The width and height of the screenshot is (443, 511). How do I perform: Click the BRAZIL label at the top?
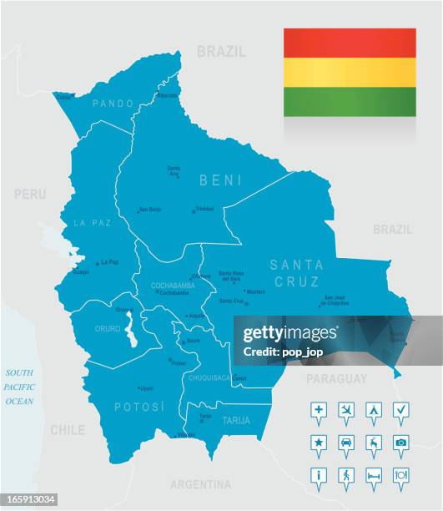pos(221,52)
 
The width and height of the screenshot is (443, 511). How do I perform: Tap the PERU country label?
pos(30,194)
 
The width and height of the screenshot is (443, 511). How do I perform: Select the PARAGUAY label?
pos(336,378)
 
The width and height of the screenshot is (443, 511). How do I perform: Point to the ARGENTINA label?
pos(200,484)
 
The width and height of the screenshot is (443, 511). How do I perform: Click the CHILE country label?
pos(67,430)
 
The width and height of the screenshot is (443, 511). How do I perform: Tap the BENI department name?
pos(220,180)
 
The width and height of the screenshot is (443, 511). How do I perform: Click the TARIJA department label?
pos(236,421)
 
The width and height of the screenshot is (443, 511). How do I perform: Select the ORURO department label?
pos(108,329)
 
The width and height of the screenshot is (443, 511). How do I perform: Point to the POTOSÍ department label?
pos(140,407)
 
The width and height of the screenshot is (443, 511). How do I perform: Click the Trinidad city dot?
pos(193,210)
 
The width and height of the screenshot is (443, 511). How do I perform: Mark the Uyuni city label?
pos(147,388)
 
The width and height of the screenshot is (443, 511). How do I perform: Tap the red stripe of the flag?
pos(350,43)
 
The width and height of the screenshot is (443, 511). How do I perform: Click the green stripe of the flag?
pos(350,102)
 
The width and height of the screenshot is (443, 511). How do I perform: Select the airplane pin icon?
pos(346,410)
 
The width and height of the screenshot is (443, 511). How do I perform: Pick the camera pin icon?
pos(400,442)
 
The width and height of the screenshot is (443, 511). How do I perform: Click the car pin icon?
pos(346,442)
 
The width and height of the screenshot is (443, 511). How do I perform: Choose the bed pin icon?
pos(374,473)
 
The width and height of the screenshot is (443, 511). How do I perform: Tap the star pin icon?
pos(318,442)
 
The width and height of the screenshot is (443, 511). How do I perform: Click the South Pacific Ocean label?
pos(19,387)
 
